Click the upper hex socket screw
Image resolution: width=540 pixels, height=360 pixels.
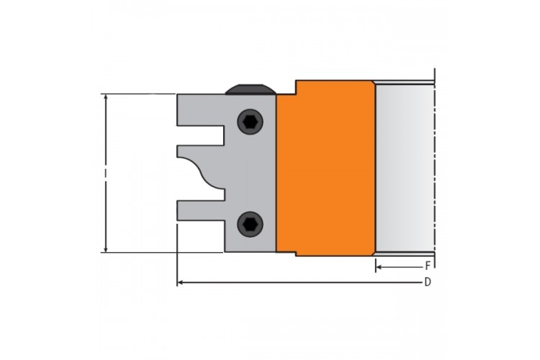point(250,122)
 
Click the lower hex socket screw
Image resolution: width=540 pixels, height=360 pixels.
point(250,224)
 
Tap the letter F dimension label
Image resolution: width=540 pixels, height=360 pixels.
point(428,266)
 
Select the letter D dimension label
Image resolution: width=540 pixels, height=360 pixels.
point(428,282)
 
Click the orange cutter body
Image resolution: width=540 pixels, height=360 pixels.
point(325,168)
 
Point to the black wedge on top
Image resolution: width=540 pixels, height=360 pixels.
point(251,89)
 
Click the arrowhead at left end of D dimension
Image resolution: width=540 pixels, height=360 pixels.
point(179,283)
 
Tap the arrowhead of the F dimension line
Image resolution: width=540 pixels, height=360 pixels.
point(379,267)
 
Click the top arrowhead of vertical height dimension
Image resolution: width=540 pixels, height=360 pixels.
point(106,96)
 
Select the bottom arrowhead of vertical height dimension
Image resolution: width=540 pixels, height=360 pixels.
point(106,249)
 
